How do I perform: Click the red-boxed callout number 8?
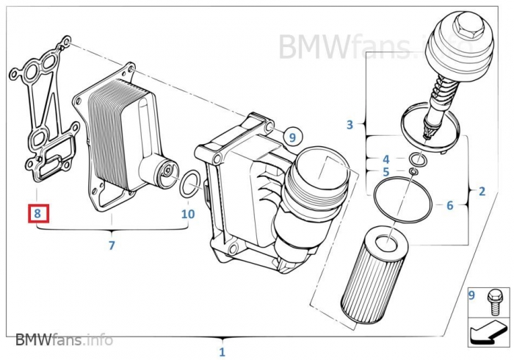click(x=38, y=215)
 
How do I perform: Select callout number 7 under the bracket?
click(x=112, y=245)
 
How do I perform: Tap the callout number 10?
click(x=188, y=215)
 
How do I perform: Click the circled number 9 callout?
click(x=292, y=137)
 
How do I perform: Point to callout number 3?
click(x=350, y=124)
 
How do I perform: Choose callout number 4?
click(x=385, y=159)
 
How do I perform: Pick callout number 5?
click(x=385, y=173)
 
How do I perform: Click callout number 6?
click(x=450, y=206)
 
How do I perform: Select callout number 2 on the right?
click(x=482, y=192)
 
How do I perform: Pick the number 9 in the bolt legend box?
click(x=473, y=296)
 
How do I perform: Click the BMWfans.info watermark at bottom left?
click(x=64, y=339)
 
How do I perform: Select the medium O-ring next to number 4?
click(x=416, y=159)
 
